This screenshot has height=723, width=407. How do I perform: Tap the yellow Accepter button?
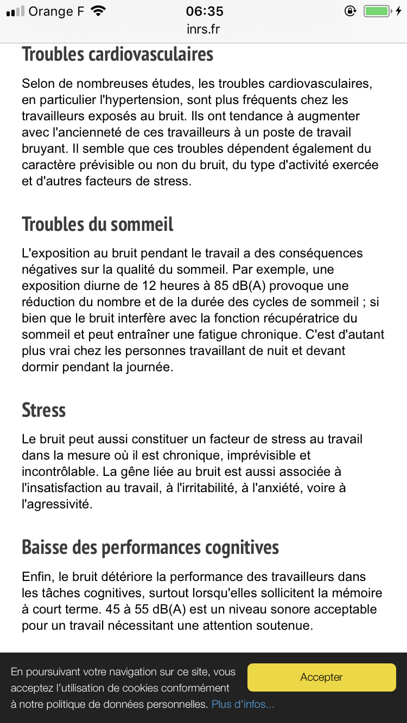[321, 677]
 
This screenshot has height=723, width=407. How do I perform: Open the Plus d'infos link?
[243, 705]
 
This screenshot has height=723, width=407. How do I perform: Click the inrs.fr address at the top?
[203, 29]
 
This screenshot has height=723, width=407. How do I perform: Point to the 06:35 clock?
[204, 11]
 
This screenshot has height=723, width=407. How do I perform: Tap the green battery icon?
[377, 11]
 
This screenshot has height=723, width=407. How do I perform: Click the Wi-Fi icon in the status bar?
[98, 11]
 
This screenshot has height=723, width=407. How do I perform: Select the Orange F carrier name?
[56, 11]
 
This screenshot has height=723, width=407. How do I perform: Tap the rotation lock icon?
[350, 11]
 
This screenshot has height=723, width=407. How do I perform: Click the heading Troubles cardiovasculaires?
[118, 54]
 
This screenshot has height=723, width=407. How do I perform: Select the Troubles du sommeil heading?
[98, 224]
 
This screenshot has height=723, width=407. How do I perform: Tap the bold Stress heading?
[43, 410]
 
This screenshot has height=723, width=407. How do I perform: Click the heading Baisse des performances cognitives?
[150, 547]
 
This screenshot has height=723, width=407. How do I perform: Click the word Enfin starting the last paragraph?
[37, 577]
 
